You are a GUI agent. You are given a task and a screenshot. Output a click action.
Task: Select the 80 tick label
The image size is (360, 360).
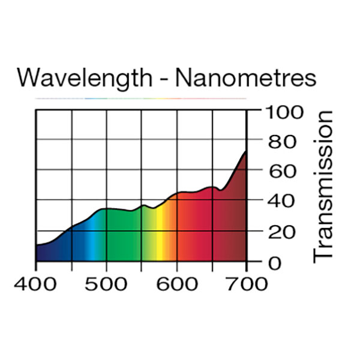pyautogui.click(x=281, y=142)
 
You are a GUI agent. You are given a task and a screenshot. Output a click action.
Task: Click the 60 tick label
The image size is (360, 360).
pyautogui.click(x=281, y=172)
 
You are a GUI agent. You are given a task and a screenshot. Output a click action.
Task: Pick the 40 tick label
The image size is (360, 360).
pyautogui.click(x=281, y=202)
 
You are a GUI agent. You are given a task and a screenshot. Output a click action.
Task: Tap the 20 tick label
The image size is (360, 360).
pyautogui.click(x=281, y=232)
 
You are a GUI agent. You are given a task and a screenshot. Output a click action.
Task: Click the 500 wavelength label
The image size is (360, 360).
pyautogui.click(x=107, y=283)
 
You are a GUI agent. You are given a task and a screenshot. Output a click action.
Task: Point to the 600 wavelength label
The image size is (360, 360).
pyautogui.click(x=177, y=283)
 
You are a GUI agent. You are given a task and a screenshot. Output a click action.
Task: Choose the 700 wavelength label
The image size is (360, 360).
pyautogui.click(x=247, y=283)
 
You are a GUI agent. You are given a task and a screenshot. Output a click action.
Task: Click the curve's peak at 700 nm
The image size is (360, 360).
pyautogui.click(x=245, y=152)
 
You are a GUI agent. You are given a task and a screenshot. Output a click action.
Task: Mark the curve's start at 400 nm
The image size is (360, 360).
pyautogui.click(x=37, y=245)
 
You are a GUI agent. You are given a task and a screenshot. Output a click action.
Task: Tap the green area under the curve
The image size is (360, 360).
pyautogui.click(x=123, y=237)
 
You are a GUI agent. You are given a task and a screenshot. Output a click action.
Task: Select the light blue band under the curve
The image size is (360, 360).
pyautogui.click(x=91, y=240)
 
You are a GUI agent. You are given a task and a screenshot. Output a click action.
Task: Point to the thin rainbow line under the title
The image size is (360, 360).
pyautogui.click(x=141, y=98)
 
